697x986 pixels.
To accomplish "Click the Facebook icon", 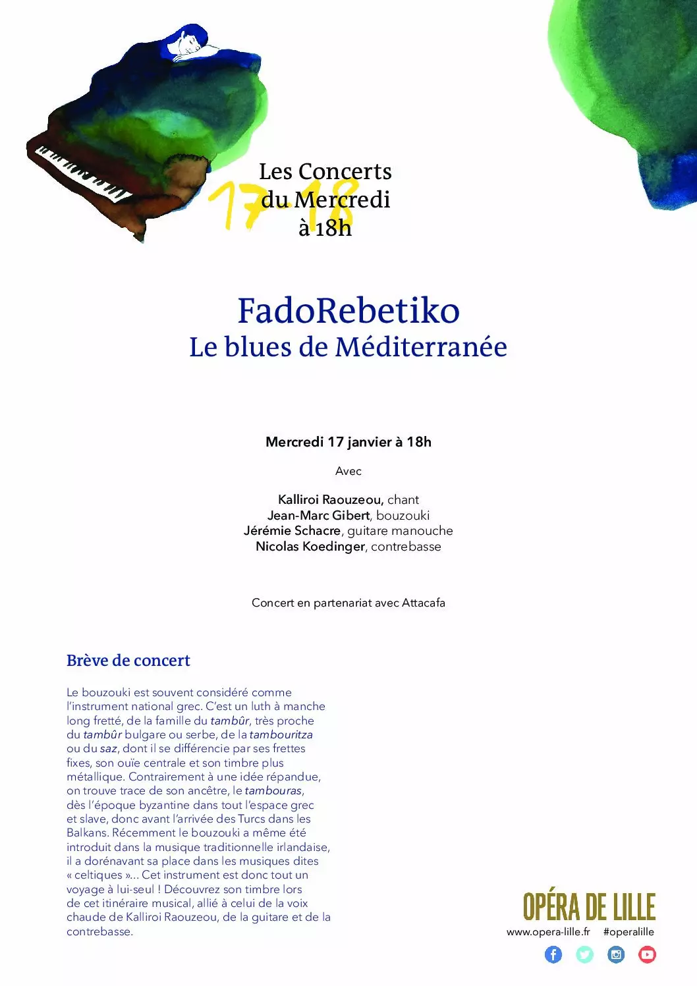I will [553, 954].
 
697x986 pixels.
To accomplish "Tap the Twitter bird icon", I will [584, 954].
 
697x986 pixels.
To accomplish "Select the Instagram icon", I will [616, 954].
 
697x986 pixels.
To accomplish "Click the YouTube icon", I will [647, 954].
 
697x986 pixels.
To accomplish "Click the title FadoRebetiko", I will [348, 310].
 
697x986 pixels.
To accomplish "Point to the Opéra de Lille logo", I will [589, 907].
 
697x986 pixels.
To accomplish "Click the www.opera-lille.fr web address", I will [548, 932].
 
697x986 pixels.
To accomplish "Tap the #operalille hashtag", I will [628, 932].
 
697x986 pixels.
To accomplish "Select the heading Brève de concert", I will [128, 661].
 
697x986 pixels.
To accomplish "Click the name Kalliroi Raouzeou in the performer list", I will [330, 500].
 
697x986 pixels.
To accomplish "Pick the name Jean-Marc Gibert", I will [318, 516].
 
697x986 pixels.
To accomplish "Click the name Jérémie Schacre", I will [292, 531].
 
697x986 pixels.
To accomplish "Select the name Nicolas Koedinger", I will [310, 547].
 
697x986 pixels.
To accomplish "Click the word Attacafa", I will [424, 603].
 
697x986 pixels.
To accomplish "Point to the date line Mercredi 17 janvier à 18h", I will [348, 442].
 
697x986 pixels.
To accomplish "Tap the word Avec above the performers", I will [348, 471].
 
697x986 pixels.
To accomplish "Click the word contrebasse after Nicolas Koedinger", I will [406, 547].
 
